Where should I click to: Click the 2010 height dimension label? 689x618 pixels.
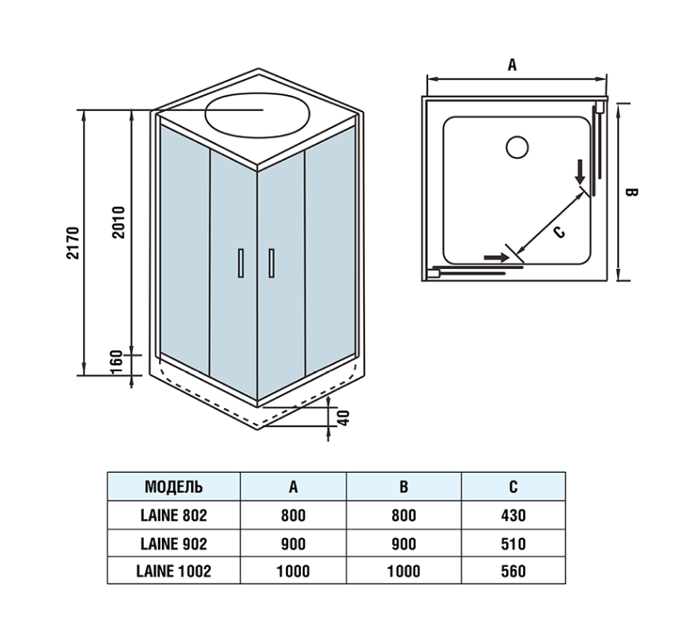(x=119, y=222)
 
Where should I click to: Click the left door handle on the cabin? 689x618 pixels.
(x=239, y=263)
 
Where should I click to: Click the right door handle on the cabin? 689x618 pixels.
(x=271, y=263)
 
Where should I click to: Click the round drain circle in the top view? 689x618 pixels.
(x=517, y=148)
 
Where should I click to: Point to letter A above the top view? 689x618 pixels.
(x=513, y=65)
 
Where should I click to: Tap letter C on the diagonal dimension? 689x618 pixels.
(x=558, y=231)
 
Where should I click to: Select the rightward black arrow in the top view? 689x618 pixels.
(x=496, y=257)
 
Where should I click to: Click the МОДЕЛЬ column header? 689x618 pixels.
(x=173, y=486)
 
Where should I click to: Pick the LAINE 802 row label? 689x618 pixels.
(x=173, y=515)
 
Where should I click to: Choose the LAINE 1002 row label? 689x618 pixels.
(x=173, y=571)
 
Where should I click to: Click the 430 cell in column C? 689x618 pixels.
(x=513, y=515)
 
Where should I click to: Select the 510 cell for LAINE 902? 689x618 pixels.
(x=513, y=543)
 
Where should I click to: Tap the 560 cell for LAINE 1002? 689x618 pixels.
(x=513, y=571)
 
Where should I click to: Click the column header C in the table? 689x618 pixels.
(x=513, y=486)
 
